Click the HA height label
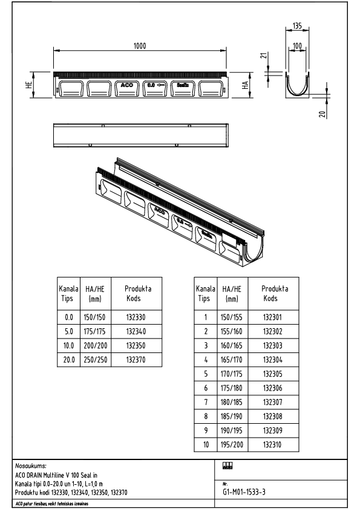[245, 86]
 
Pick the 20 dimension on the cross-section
[322, 113]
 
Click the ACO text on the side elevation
[128, 86]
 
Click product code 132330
[136, 316]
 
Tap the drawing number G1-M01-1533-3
[244, 492]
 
